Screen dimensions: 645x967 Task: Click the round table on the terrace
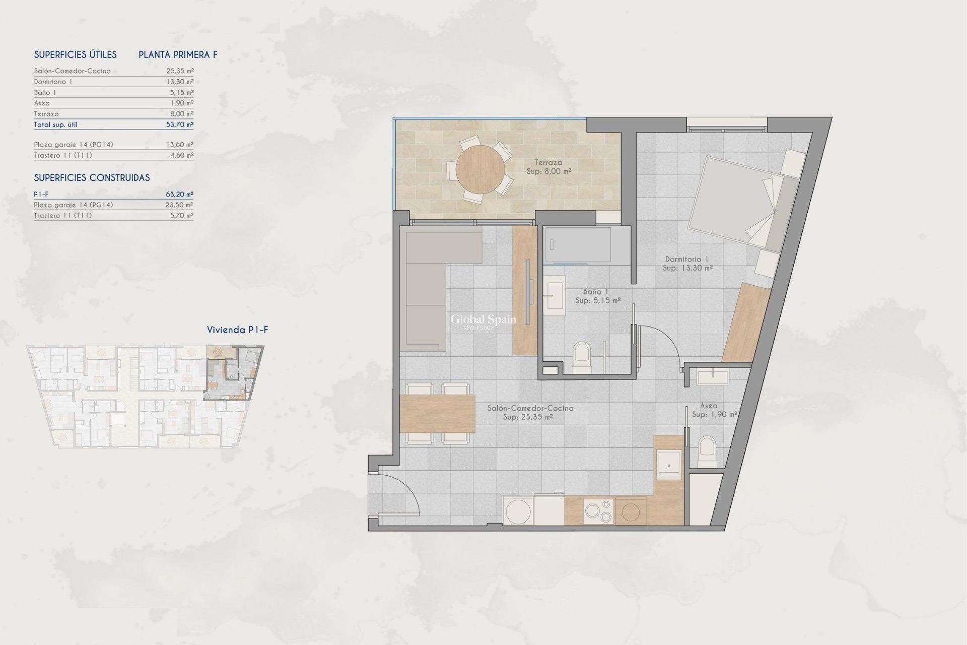click(x=480, y=170)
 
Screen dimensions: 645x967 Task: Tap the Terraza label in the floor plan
click(x=548, y=163)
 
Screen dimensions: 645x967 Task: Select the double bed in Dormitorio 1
click(x=735, y=204)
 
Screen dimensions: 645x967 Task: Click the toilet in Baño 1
click(x=582, y=357)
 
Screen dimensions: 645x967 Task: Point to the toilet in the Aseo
click(x=707, y=451)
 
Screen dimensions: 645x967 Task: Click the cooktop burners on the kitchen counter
click(x=598, y=511)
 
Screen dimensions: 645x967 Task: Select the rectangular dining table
click(x=437, y=414)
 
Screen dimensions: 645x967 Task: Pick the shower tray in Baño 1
click(x=578, y=245)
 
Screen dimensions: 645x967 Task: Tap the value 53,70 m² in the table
click(x=180, y=124)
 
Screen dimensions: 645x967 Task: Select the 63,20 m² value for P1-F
click(x=180, y=194)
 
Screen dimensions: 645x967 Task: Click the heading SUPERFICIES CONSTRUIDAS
click(x=92, y=178)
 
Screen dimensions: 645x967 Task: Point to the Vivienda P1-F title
click(x=237, y=330)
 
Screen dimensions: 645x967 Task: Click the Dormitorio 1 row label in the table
click(x=53, y=82)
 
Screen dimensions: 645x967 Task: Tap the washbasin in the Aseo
click(x=713, y=376)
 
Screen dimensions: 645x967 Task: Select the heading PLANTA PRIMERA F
click(x=178, y=55)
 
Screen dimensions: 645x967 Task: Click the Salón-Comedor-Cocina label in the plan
click(x=530, y=408)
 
